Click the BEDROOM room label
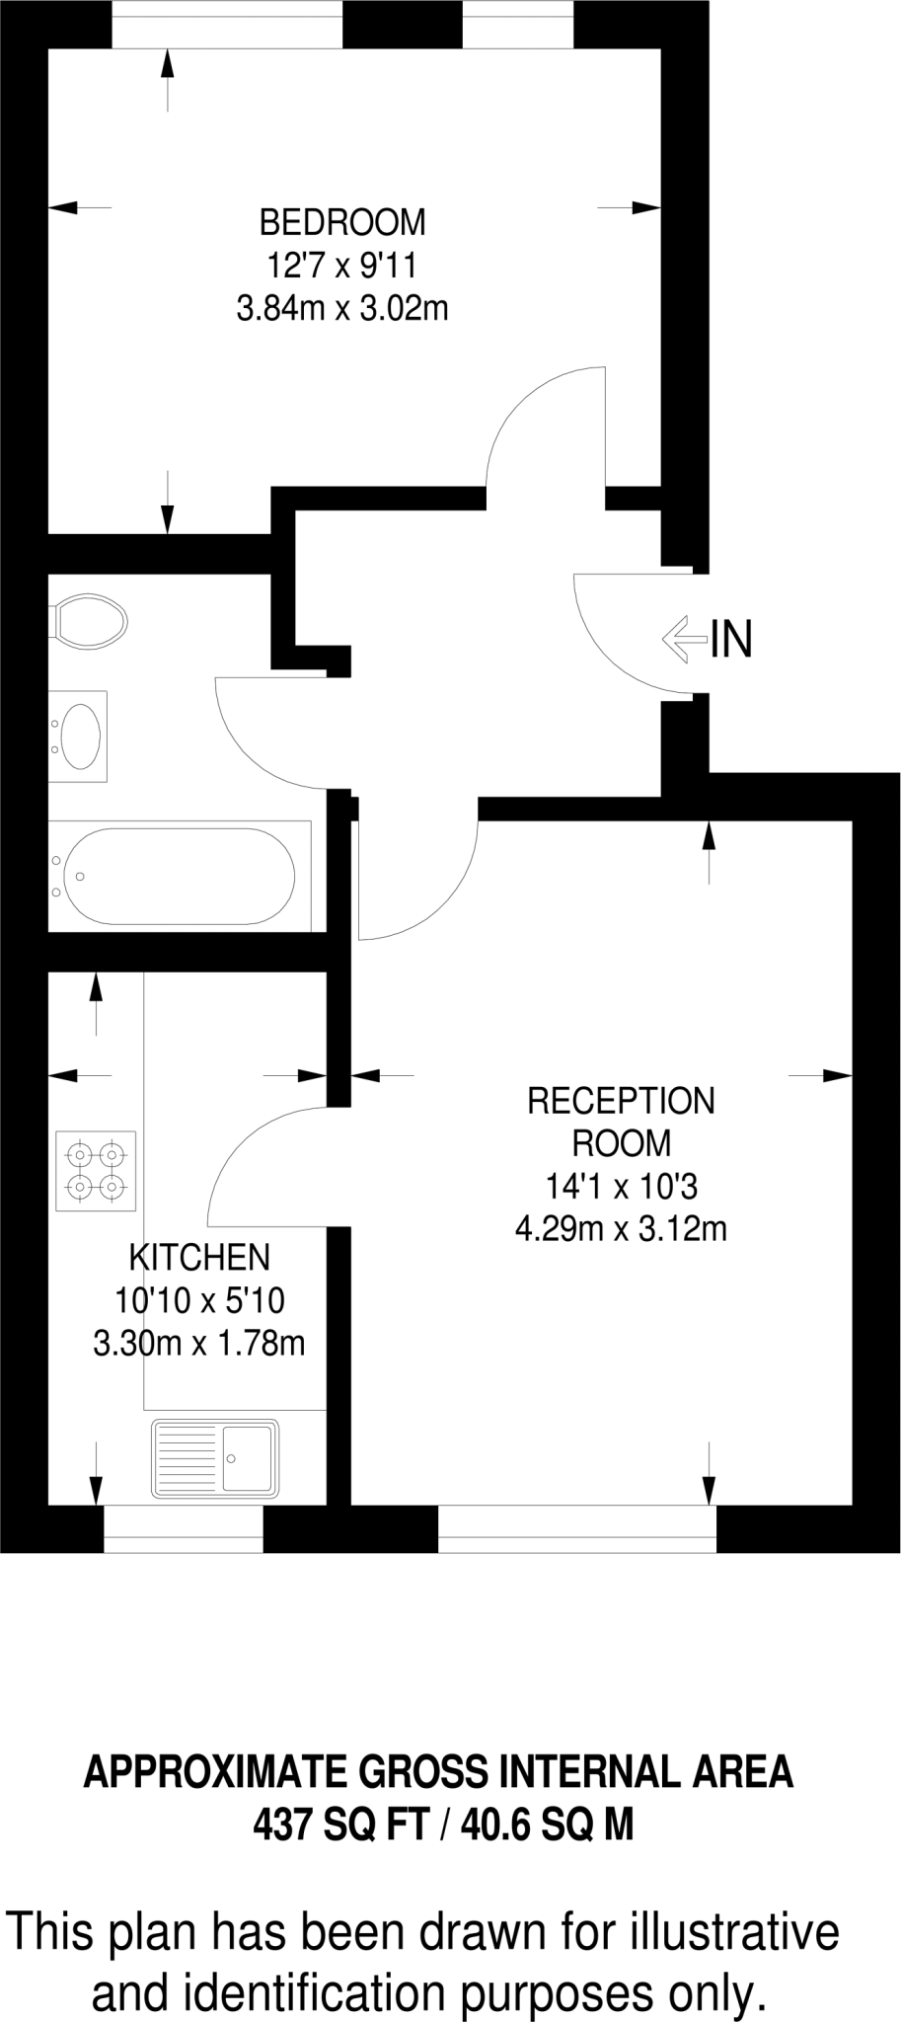[x=342, y=223]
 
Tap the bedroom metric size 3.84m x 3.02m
[x=342, y=309]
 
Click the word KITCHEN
[x=199, y=1258]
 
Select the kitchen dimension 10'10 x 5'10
[x=199, y=1300]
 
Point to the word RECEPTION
[x=621, y=1101]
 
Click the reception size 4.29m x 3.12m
[x=621, y=1229]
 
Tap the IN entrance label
[x=731, y=639]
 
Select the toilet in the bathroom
[x=90, y=620]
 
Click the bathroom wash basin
[x=79, y=736]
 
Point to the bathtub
[x=178, y=876]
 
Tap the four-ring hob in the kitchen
[x=96, y=1170]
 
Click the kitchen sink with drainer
[x=214, y=1458]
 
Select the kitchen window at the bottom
[x=184, y=1528]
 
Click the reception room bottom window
[x=577, y=1528]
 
